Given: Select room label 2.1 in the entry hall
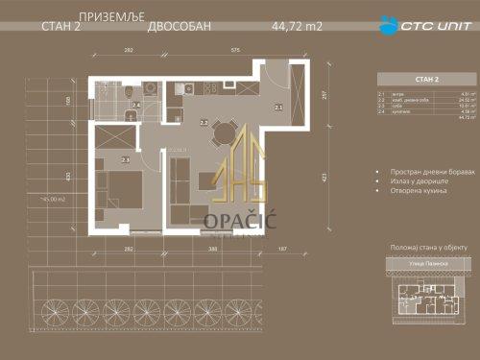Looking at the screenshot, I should click(x=278, y=108).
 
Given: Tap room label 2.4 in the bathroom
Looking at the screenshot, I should click(x=136, y=104).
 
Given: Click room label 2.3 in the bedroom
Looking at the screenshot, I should click(x=125, y=159).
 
